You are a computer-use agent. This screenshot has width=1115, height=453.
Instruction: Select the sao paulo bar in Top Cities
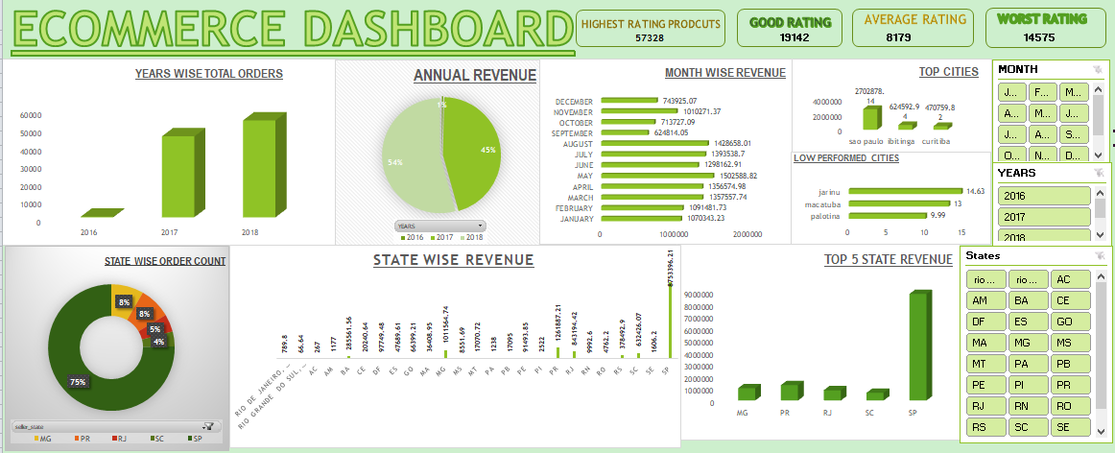pos(870,118)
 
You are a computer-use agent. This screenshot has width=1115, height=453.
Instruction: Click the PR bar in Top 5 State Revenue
pos(790,391)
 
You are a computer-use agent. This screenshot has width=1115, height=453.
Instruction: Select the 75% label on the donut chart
pos(76,382)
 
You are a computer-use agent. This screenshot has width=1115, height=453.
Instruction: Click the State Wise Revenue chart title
pos(453,260)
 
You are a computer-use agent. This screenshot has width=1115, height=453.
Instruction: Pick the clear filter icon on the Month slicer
pos(1097,69)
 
